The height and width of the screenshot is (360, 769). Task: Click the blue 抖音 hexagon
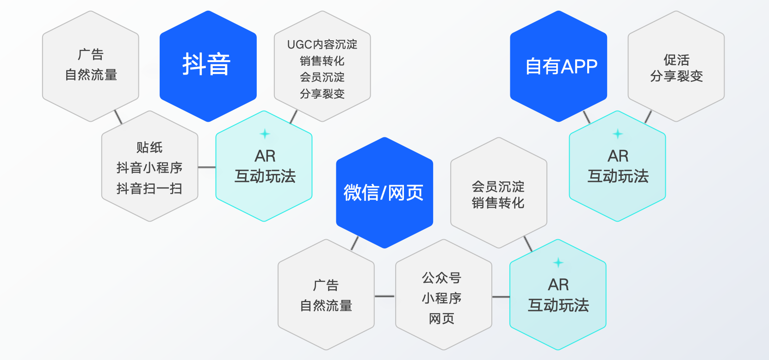click(x=208, y=66)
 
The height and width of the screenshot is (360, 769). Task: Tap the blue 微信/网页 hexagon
click(x=384, y=192)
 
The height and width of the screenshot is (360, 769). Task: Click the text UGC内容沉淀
click(x=322, y=44)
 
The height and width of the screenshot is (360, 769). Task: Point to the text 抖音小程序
click(x=149, y=168)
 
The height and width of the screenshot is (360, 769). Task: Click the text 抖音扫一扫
click(x=149, y=189)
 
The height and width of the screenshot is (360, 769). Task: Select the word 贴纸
click(x=149, y=148)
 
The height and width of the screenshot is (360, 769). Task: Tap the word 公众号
click(x=441, y=278)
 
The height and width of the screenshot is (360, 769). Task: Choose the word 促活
click(x=676, y=60)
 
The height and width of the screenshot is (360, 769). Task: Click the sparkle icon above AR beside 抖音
click(x=265, y=134)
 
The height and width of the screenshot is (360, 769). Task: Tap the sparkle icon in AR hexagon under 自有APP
click(x=618, y=134)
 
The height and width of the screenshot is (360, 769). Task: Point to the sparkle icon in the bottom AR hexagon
click(x=558, y=262)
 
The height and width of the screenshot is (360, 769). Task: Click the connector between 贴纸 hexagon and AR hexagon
click(x=207, y=167)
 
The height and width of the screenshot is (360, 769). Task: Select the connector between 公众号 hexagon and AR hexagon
click(x=501, y=297)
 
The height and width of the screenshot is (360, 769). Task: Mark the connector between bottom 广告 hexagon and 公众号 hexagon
click(x=384, y=296)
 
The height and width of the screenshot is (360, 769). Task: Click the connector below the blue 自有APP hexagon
click(x=587, y=117)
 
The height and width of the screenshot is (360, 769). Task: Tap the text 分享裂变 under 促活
click(x=676, y=76)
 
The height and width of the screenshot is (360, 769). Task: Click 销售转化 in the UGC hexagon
click(x=322, y=61)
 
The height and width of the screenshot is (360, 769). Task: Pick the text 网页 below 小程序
click(x=441, y=318)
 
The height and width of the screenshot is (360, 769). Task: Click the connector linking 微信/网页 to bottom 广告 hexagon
click(x=355, y=243)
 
